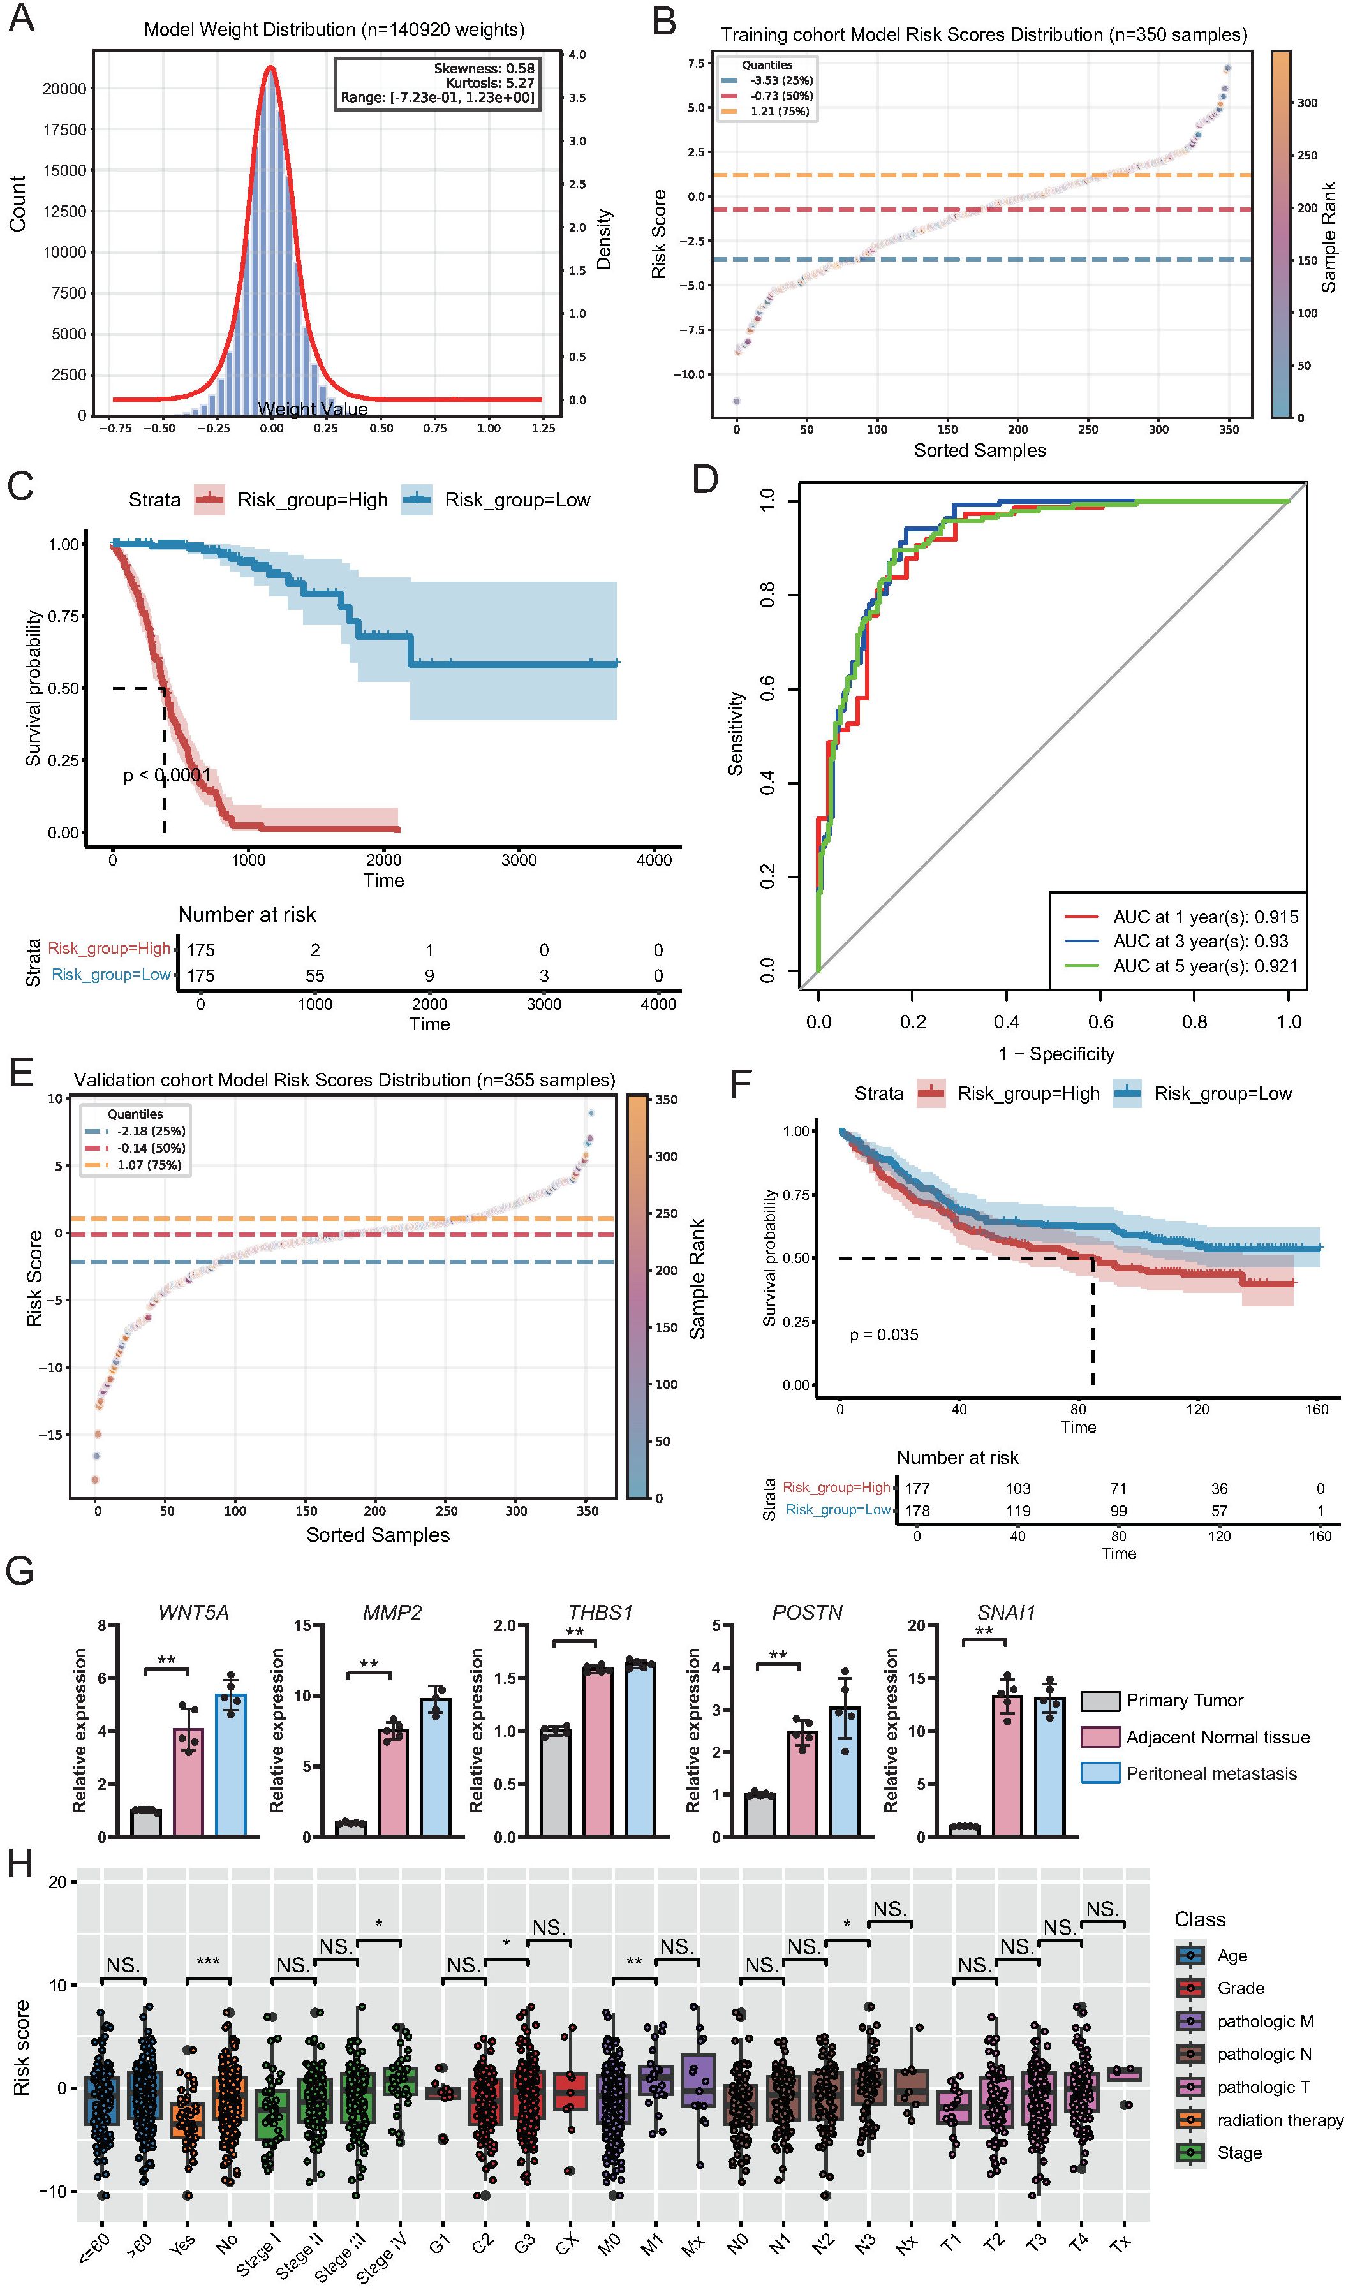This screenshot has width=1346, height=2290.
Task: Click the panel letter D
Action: coord(706,480)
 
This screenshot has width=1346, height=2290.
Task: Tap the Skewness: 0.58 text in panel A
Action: coord(484,68)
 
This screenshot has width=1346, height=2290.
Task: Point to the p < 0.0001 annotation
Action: coord(167,775)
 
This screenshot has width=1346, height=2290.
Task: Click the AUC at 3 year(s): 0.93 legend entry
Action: coord(1200,942)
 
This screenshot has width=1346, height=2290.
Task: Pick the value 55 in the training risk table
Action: coord(314,975)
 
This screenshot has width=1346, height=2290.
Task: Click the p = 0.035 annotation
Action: coord(884,1335)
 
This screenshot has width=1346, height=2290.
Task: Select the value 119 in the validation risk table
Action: coord(1018,1511)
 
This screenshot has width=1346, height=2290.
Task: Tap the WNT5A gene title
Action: coord(193,1612)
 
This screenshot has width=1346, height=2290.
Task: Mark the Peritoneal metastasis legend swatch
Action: coord(1098,1773)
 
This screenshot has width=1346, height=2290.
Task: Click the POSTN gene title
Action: coord(807,1612)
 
